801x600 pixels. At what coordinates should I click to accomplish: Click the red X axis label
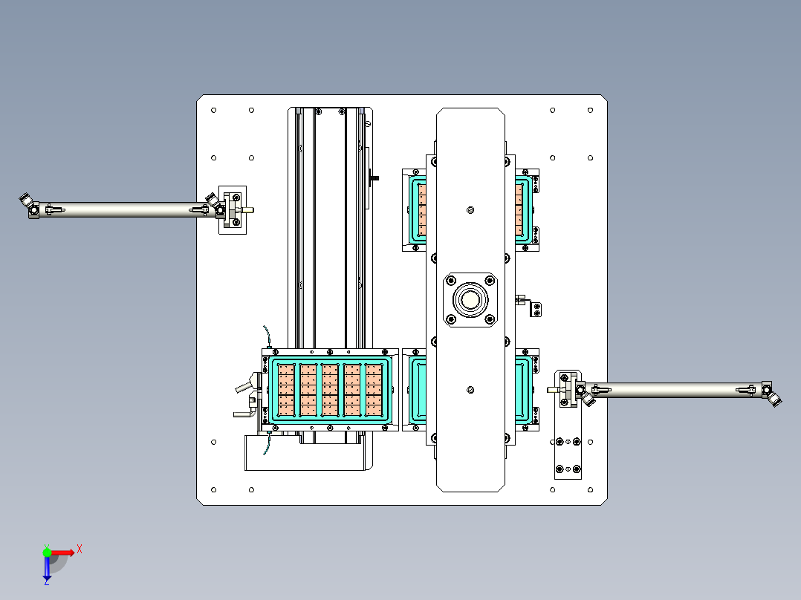pos(80,550)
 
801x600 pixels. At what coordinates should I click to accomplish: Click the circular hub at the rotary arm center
pos(470,300)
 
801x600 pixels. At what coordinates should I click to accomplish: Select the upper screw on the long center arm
pos(470,210)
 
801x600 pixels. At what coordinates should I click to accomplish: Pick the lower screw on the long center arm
pos(470,390)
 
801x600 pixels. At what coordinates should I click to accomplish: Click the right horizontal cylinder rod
pos(675,390)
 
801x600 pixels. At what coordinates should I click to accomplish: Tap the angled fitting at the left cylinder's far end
pos(27,201)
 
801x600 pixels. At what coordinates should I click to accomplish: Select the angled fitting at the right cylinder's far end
pos(774,399)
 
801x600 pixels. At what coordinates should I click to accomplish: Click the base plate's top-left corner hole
pos(213,111)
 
